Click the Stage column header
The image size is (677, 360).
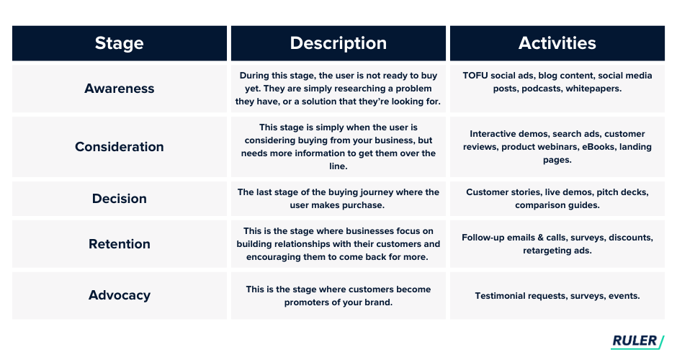point(119,43)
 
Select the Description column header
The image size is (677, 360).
point(338,43)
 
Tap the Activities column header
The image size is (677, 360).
point(557,42)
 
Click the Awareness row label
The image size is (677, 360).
point(119,89)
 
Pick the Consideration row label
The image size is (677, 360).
point(119,147)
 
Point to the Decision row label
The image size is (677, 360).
point(119,199)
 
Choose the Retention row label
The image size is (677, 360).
point(119,244)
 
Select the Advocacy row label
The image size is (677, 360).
point(119,295)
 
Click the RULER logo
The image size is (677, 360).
point(637,341)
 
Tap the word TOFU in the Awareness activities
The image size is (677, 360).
point(475,76)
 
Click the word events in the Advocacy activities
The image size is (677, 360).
point(624,296)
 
